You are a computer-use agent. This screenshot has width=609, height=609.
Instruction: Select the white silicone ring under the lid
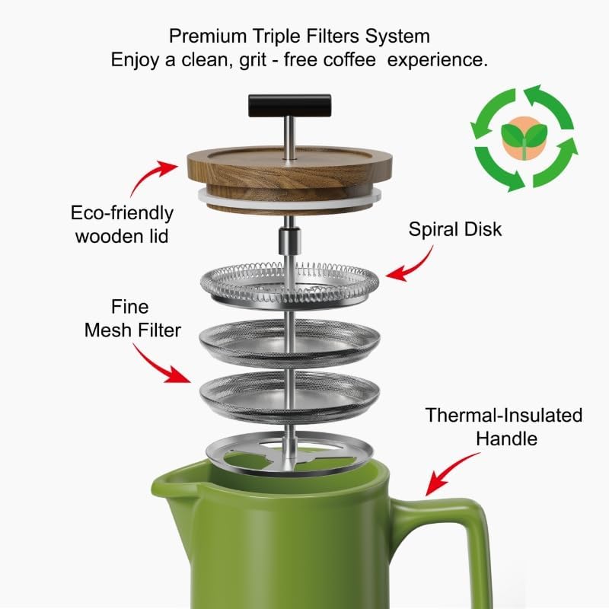[x=206, y=197]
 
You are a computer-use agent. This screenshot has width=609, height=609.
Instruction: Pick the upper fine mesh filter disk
[x=289, y=340]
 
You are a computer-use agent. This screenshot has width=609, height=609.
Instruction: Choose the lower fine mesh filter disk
[x=289, y=393]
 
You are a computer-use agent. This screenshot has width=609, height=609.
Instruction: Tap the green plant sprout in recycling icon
[x=524, y=137]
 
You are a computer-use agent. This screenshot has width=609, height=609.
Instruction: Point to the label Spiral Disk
[x=455, y=228]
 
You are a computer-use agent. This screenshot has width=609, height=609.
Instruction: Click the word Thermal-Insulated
[x=504, y=415]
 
